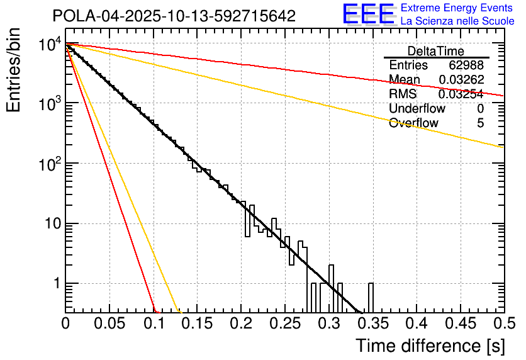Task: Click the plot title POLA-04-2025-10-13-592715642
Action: point(174,16)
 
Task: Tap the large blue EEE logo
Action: point(369,15)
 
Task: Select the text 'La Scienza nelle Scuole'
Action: point(457,21)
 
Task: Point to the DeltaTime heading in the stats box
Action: point(436,51)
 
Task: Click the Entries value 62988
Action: point(466,65)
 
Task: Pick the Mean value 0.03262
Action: point(461,80)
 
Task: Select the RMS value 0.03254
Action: point(461,94)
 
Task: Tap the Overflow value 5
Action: point(480,123)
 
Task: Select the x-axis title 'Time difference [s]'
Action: point(429,346)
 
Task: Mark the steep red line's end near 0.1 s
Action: point(155,310)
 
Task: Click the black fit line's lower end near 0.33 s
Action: point(359,310)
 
